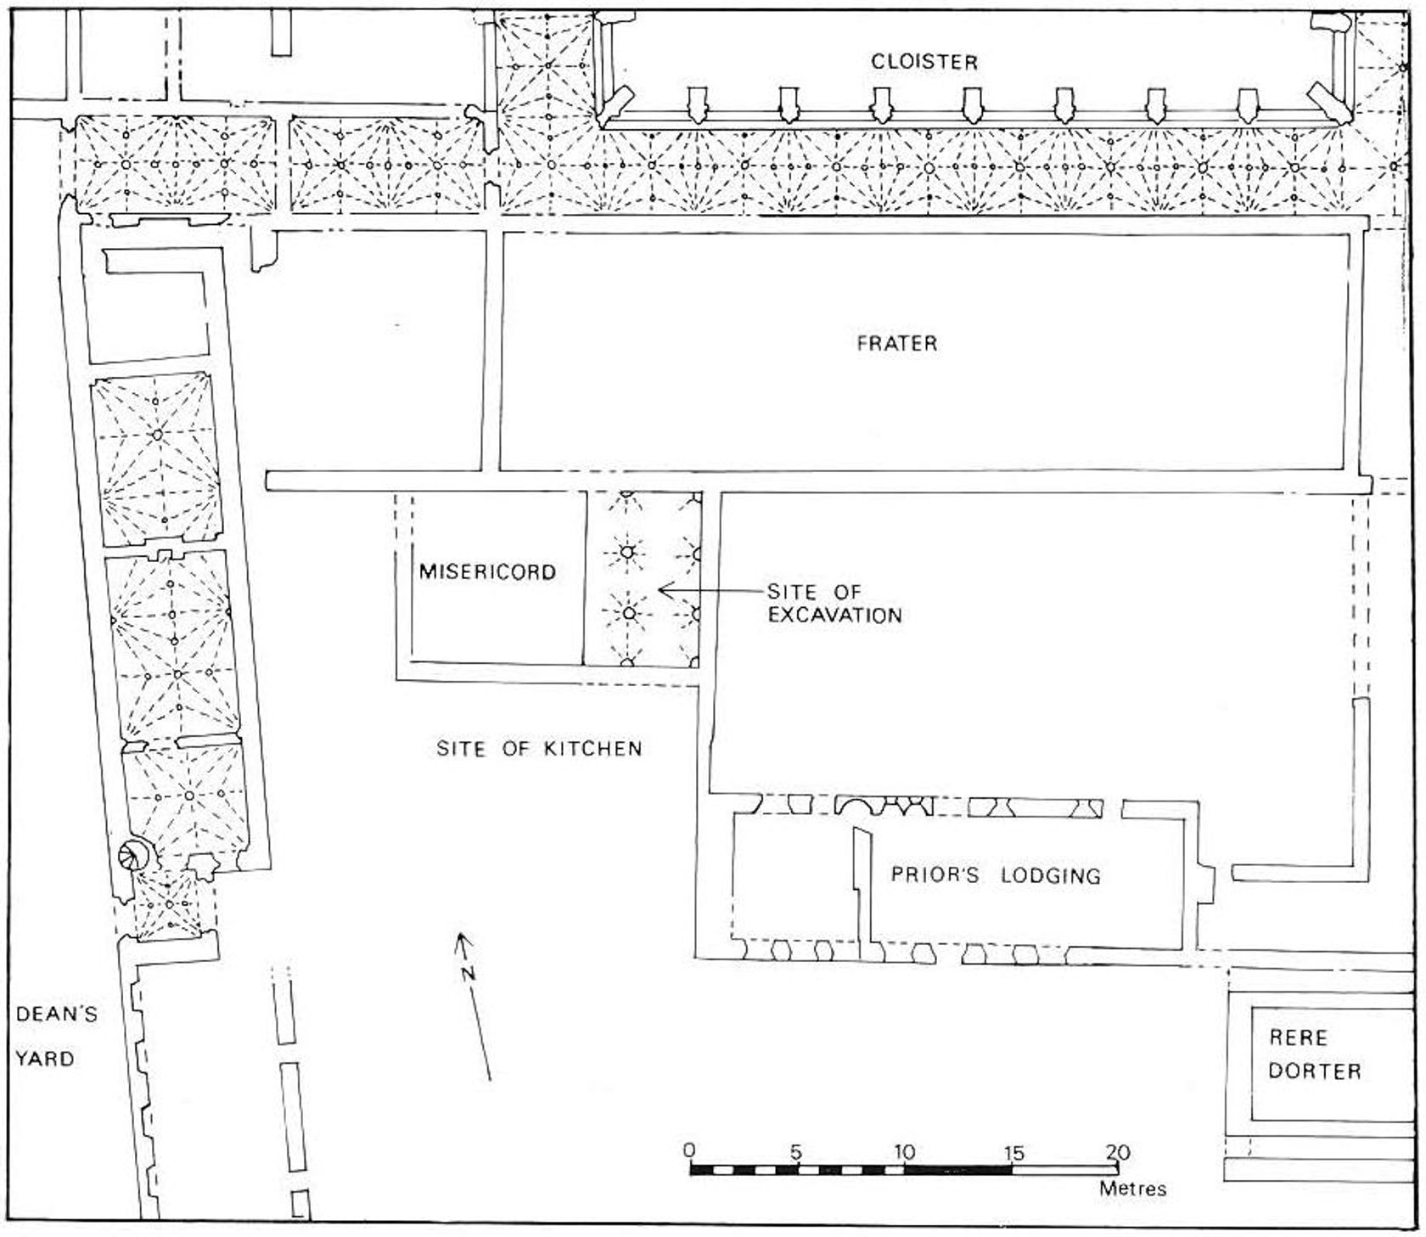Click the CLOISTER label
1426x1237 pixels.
coord(924,62)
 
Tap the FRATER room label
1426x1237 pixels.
coord(897,343)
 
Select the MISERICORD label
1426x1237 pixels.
coord(487,571)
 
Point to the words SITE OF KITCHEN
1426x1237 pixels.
coord(539,748)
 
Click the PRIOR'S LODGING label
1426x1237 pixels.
coord(996,874)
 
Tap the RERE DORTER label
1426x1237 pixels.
coord(1314,1054)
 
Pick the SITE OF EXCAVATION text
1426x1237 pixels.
coord(834,603)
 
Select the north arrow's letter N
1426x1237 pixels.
coord(467,973)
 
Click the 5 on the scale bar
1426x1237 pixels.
coord(796,1152)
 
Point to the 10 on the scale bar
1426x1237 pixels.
coord(904,1152)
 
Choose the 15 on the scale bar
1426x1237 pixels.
coord(1013,1152)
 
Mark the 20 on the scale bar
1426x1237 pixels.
coord(1118,1152)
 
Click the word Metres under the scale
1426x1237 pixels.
coord(1132,1189)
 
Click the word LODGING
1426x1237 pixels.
coord(1050,875)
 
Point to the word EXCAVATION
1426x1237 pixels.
coord(834,614)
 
